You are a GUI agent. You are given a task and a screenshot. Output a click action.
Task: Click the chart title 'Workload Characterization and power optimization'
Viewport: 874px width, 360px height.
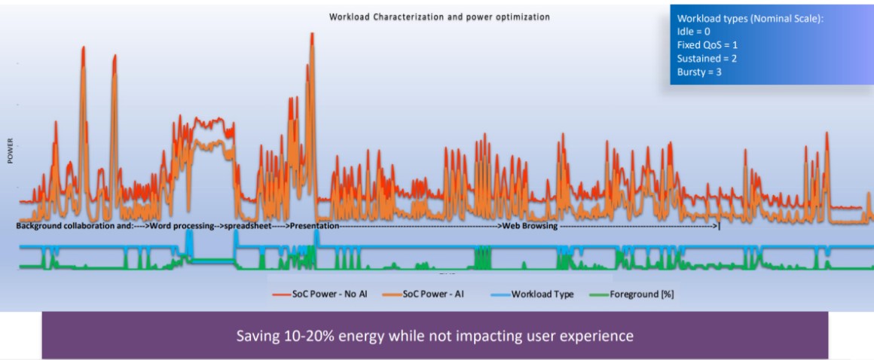(x=439, y=17)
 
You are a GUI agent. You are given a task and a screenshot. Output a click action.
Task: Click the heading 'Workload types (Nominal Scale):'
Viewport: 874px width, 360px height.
(x=750, y=18)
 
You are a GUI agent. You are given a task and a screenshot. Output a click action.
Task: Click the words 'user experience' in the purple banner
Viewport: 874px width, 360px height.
(x=591, y=334)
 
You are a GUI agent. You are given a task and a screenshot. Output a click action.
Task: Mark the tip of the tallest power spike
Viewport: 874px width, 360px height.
(x=312, y=34)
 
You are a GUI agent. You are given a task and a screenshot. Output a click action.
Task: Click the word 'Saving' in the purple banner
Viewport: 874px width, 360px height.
(x=256, y=334)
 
